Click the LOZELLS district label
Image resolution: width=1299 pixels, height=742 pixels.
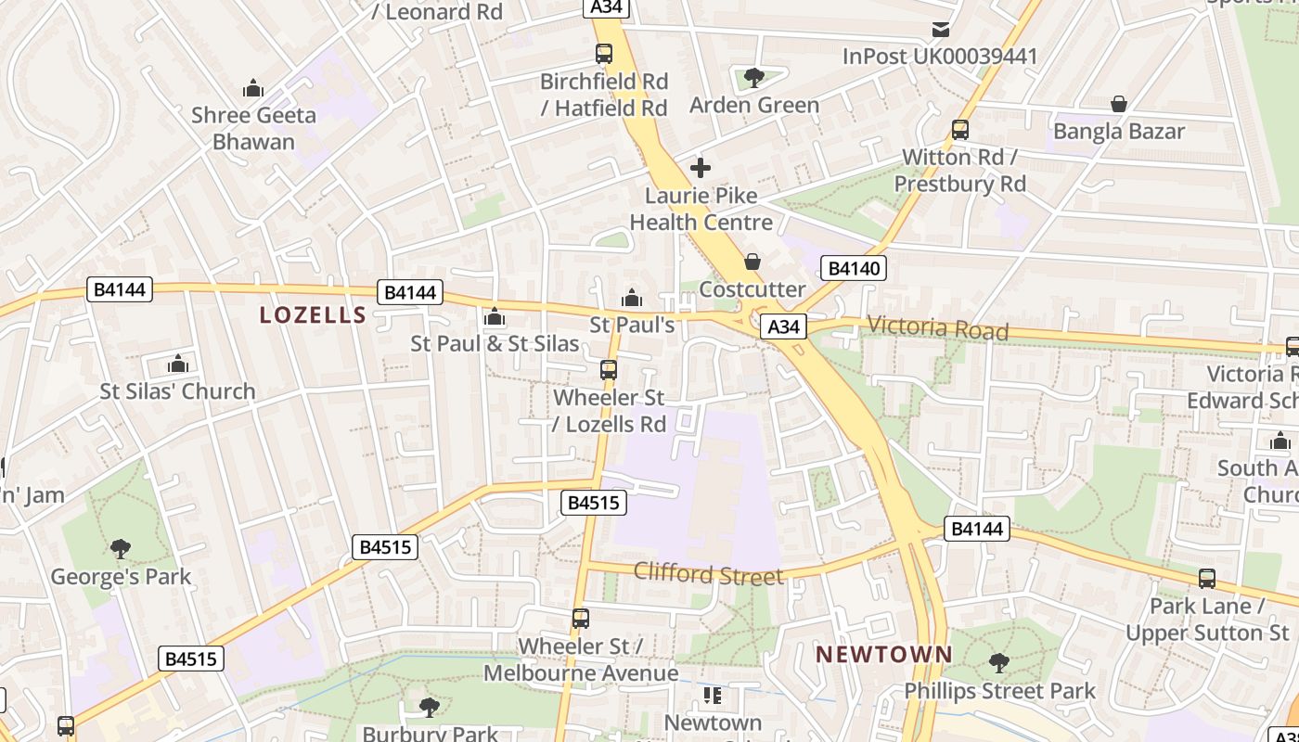[x=314, y=315]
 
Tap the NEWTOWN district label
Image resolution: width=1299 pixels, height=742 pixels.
[x=883, y=655]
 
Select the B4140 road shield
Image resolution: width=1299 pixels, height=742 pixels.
[x=854, y=269]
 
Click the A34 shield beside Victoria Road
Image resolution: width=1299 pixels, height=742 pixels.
[x=784, y=326]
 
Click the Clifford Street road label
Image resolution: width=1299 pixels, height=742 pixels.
[x=708, y=574]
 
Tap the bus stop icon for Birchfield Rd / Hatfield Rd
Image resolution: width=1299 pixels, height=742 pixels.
[x=604, y=54]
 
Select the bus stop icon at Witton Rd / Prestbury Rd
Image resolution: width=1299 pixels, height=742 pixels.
[x=960, y=130]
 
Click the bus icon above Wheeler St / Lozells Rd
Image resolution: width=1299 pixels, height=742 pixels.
[x=609, y=370]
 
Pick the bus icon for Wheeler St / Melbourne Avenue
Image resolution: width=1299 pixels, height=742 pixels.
[x=581, y=618]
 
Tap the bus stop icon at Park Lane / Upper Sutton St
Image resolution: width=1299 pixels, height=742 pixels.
[x=1207, y=579]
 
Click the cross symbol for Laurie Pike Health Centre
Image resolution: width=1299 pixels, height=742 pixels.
[x=701, y=168]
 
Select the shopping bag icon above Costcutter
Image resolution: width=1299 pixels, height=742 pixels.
[x=752, y=262]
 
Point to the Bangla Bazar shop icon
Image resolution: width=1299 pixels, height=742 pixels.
[x=1119, y=104]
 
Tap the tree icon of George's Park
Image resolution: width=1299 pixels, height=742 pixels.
[x=121, y=549]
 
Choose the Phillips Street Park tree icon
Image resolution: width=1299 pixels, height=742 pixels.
[x=999, y=663]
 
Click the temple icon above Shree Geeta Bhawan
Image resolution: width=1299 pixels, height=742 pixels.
[x=253, y=88]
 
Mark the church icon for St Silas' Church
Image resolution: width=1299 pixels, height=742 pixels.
[x=178, y=364]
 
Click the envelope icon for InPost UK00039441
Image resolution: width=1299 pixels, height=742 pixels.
[x=941, y=29]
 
